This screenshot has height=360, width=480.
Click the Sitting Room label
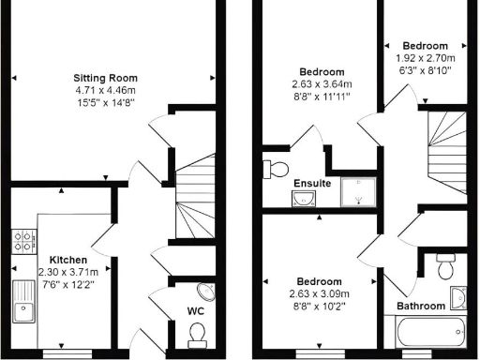pyautogui.click(x=106, y=78)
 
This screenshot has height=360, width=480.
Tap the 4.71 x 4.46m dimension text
pyautogui.click(x=106, y=91)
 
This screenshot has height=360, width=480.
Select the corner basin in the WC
pyautogui.click(x=207, y=292)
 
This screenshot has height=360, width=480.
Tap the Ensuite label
pyautogui.click(x=310, y=183)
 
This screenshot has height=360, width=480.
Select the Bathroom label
pyautogui.click(x=422, y=306)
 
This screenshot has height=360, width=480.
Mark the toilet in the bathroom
pyautogui.click(x=446, y=267)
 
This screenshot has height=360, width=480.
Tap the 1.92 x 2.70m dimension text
pyautogui.click(x=425, y=57)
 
